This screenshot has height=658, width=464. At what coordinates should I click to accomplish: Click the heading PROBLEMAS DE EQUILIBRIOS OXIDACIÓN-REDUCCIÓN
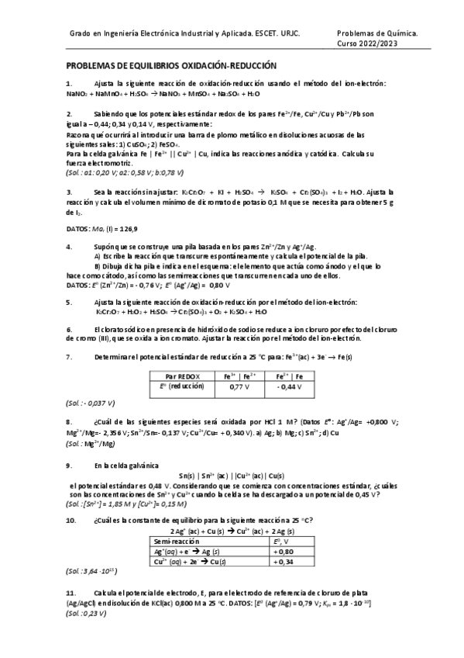pyautogui.click(x=170, y=67)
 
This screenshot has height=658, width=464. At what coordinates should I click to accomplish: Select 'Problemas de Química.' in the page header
pyautogui.click(x=378, y=34)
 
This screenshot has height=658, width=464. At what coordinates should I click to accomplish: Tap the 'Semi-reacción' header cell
pyautogui.click(x=176, y=540)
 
